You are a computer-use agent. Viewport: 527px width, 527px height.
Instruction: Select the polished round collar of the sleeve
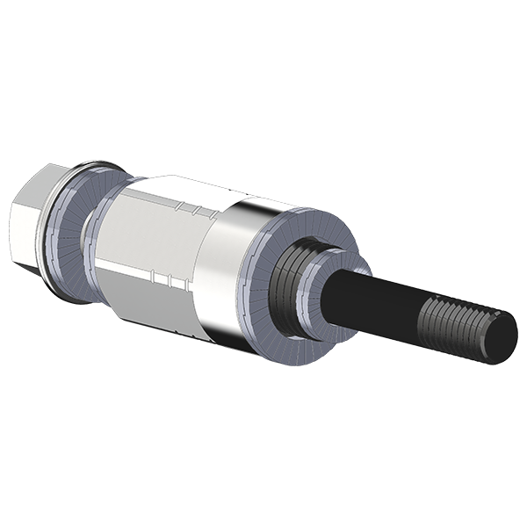(233, 263)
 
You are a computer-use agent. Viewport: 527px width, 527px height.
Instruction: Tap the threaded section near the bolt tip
(457, 325)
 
